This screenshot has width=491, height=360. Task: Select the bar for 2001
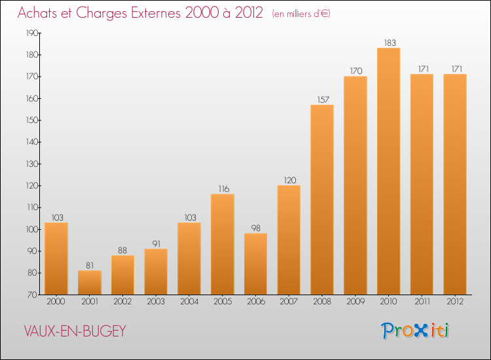(90, 282)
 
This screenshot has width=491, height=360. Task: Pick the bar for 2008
(322, 200)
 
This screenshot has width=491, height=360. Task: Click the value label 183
(388, 43)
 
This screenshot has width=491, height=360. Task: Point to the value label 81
(90, 265)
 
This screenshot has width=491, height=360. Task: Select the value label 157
(322, 99)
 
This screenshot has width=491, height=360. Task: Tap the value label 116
(223, 189)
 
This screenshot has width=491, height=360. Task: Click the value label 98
(256, 228)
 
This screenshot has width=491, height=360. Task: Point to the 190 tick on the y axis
(31, 33)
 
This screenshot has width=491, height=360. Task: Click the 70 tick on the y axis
(32, 295)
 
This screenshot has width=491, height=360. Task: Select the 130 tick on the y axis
(31, 164)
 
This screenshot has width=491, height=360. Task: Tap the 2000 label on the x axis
(56, 302)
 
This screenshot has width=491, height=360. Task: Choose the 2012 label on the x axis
(455, 302)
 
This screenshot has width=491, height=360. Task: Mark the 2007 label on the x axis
(289, 302)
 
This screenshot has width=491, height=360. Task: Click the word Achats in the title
(37, 12)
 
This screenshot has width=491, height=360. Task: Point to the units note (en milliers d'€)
(301, 13)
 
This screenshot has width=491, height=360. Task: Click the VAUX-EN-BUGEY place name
(74, 331)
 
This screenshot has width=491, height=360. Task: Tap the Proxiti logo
(415, 331)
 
